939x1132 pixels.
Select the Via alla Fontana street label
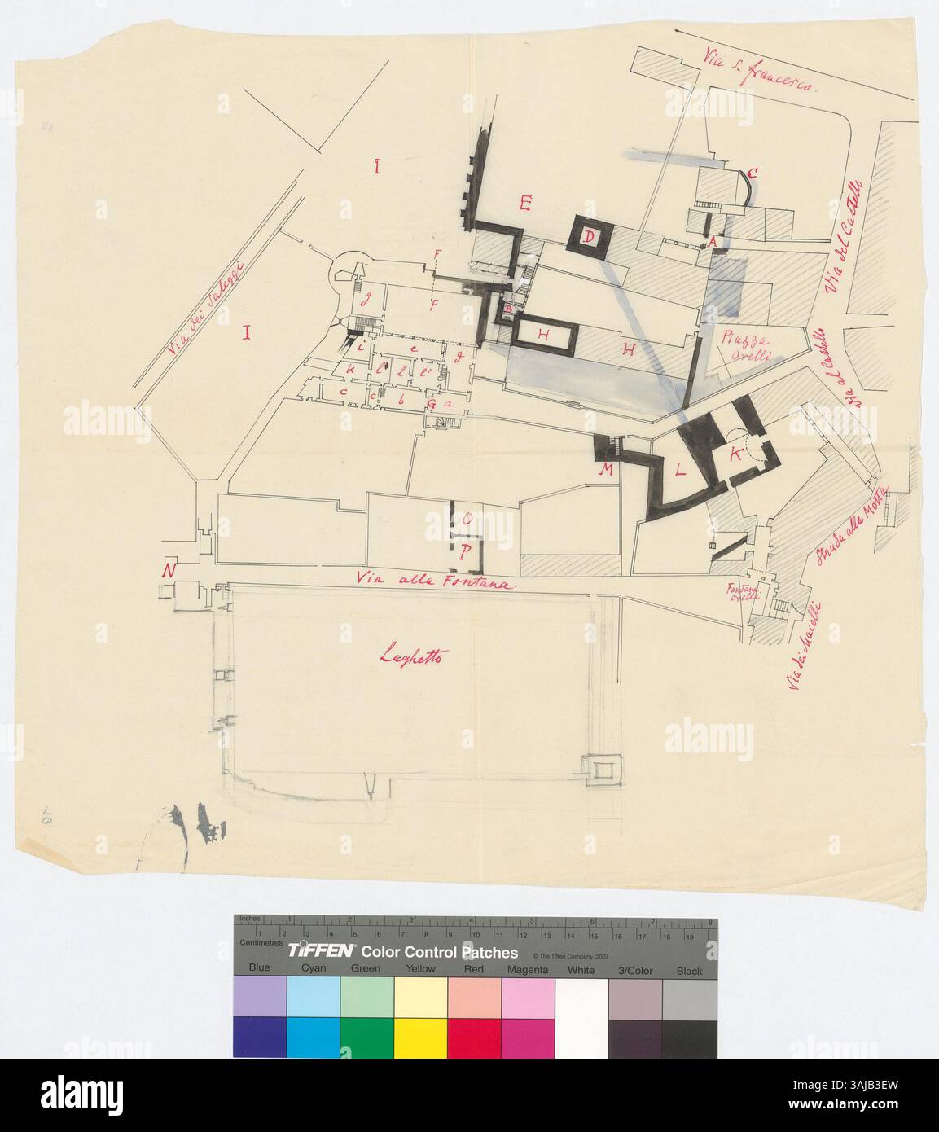click(x=438, y=583)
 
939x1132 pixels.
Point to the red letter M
click(x=606, y=471)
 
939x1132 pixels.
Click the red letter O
click(x=467, y=519)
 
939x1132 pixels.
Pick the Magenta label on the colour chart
click(x=527, y=969)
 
